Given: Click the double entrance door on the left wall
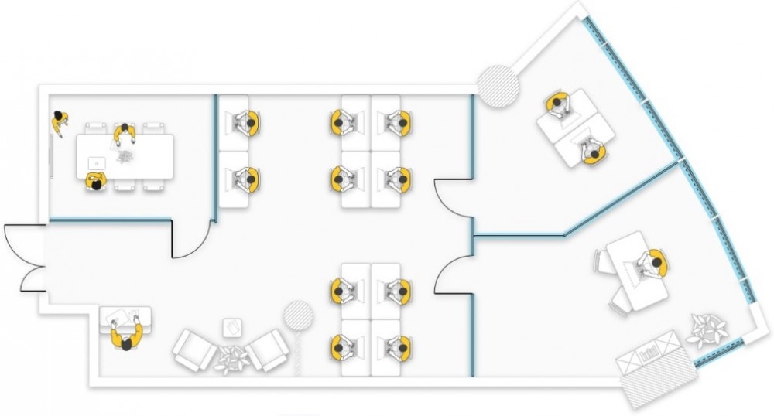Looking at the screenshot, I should pyautogui.click(x=23, y=258).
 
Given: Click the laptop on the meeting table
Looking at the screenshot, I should pyautogui.click(x=97, y=163).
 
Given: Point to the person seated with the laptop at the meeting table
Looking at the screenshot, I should pyautogui.click(x=95, y=182).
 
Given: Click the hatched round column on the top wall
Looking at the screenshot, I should pyautogui.click(x=497, y=84).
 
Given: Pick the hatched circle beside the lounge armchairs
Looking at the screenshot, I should pyautogui.click(x=298, y=315).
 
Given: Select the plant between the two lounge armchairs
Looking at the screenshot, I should pyautogui.click(x=231, y=357).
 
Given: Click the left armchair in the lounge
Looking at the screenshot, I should pyautogui.click(x=193, y=350).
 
